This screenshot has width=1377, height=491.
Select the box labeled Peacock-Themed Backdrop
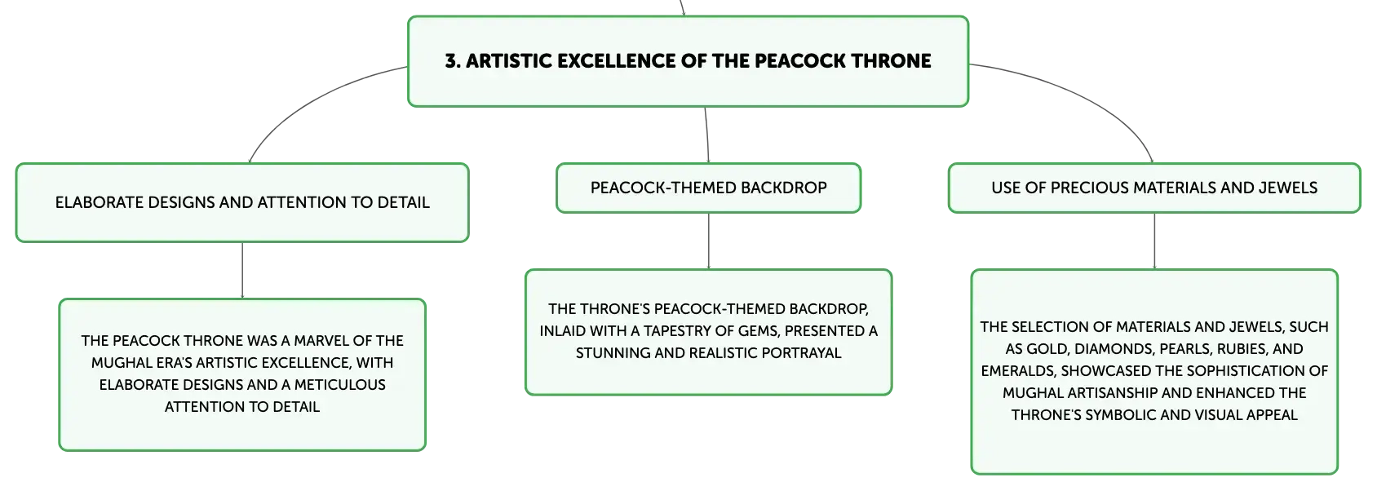pyautogui.click(x=708, y=188)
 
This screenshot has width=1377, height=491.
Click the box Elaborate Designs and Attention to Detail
pyautogui.click(x=242, y=203)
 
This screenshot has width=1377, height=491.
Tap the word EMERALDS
pyautogui.click(x=1018, y=370)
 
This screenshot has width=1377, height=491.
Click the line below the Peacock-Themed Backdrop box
pyautogui.click(x=709, y=241)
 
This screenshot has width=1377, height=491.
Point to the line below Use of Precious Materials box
pyautogui.click(x=1154, y=241)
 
